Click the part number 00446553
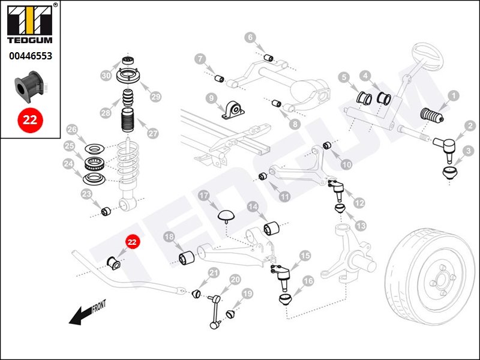pos(29,56)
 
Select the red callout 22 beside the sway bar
pos(132,242)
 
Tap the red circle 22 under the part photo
pos(29,119)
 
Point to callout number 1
pos(454,95)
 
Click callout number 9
pos(211,98)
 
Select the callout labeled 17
pos(203,196)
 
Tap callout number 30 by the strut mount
pos(106,76)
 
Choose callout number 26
pos(72,130)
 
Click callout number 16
pos(308,281)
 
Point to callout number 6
pos(250,38)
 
